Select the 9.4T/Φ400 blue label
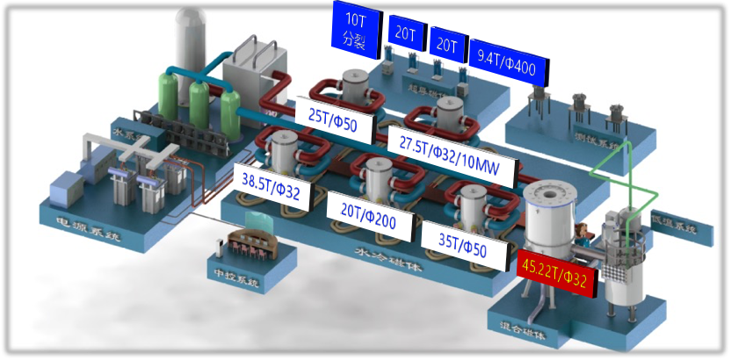pyautogui.click(x=509, y=58)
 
